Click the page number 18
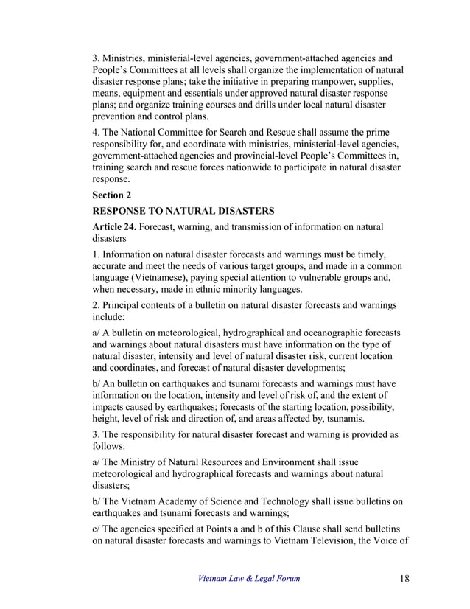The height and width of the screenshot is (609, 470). pyautogui.click(x=401, y=579)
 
